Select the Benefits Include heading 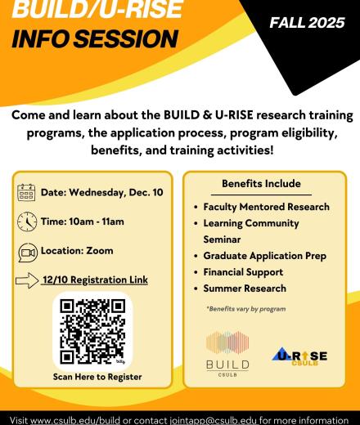tap(261, 184)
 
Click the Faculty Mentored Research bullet tap(267, 207)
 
